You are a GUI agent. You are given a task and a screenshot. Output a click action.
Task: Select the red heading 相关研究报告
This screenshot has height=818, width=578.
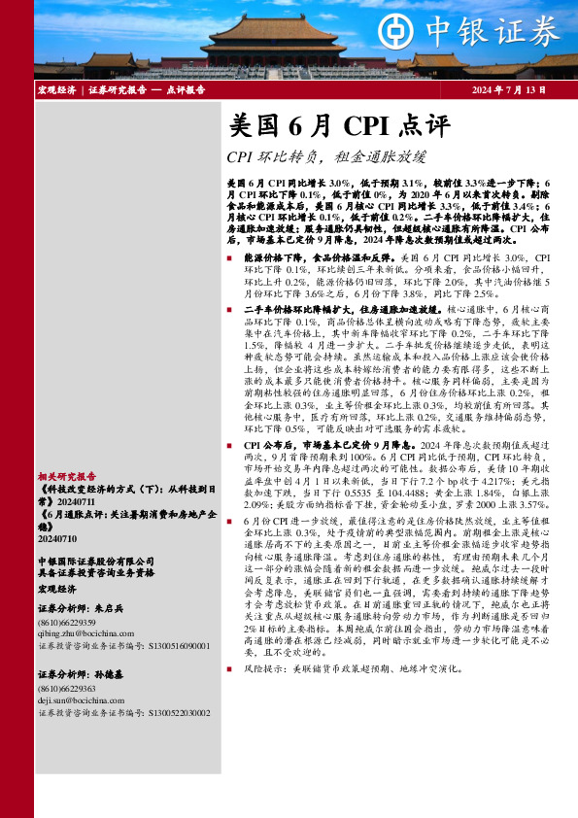point(67,477)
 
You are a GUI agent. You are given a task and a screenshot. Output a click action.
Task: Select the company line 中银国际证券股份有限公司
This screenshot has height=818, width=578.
point(95,562)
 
